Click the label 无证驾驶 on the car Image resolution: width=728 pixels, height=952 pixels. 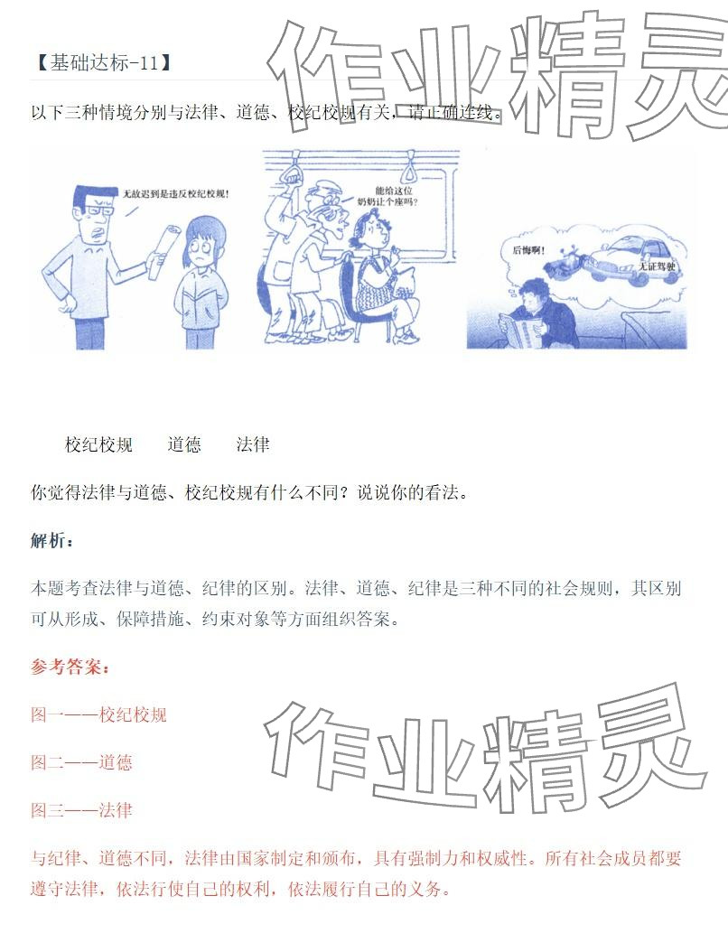point(656,267)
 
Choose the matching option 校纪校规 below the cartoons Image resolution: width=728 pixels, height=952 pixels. point(98,444)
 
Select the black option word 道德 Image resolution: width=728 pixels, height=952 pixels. point(184,444)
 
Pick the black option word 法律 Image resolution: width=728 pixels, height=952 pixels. point(253,444)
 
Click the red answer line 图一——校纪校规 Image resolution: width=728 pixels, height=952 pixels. point(98,715)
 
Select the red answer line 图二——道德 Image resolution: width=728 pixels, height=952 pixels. point(81,762)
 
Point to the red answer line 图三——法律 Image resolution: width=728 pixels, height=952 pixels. point(81,810)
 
